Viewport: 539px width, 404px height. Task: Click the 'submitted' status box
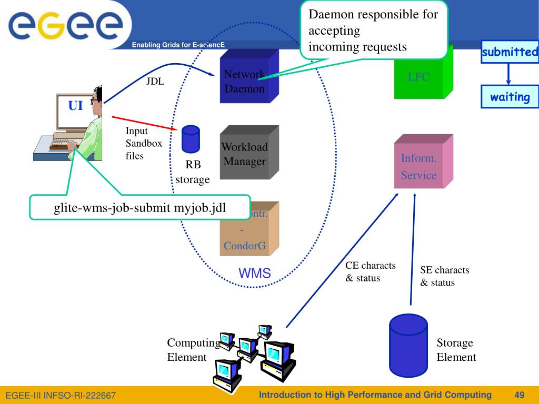[x=510, y=53]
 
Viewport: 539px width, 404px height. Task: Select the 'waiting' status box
[x=510, y=97]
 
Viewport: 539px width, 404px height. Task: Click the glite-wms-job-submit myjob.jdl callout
[x=139, y=208]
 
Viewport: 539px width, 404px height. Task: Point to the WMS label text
[x=255, y=273]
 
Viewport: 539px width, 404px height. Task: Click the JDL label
[x=155, y=81]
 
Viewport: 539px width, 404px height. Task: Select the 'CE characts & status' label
[x=370, y=271]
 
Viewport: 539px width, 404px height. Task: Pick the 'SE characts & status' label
[x=444, y=276]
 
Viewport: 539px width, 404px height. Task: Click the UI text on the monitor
[x=75, y=106]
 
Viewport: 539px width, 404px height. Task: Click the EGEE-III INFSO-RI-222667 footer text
[x=61, y=395]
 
